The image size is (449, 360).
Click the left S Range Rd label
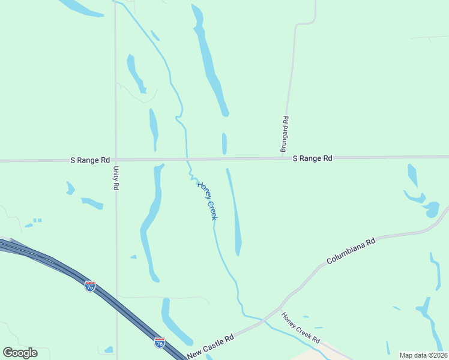(x=90, y=160)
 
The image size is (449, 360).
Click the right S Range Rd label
(x=312, y=158)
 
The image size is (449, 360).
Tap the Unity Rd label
(x=116, y=178)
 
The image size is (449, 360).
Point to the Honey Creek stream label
(x=206, y=200)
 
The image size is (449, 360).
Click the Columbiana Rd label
(x=351, y=251)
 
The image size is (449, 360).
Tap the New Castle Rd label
(x=209, y=347)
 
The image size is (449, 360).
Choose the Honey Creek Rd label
(x=301, y=328)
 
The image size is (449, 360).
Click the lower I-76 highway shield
(x=159, y=342)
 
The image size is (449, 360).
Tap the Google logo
(x=20, y=352)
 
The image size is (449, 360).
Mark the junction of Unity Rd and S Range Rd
(x=116, y=160)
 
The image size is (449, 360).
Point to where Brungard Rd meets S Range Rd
(x=284, y=158)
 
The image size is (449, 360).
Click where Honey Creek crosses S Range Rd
(x=187, y=159)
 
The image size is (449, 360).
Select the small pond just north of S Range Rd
(x=224, y=144)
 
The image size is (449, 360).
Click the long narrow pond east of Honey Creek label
(x=235, y=213)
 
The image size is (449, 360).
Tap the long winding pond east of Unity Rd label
(x=152, y=219)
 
